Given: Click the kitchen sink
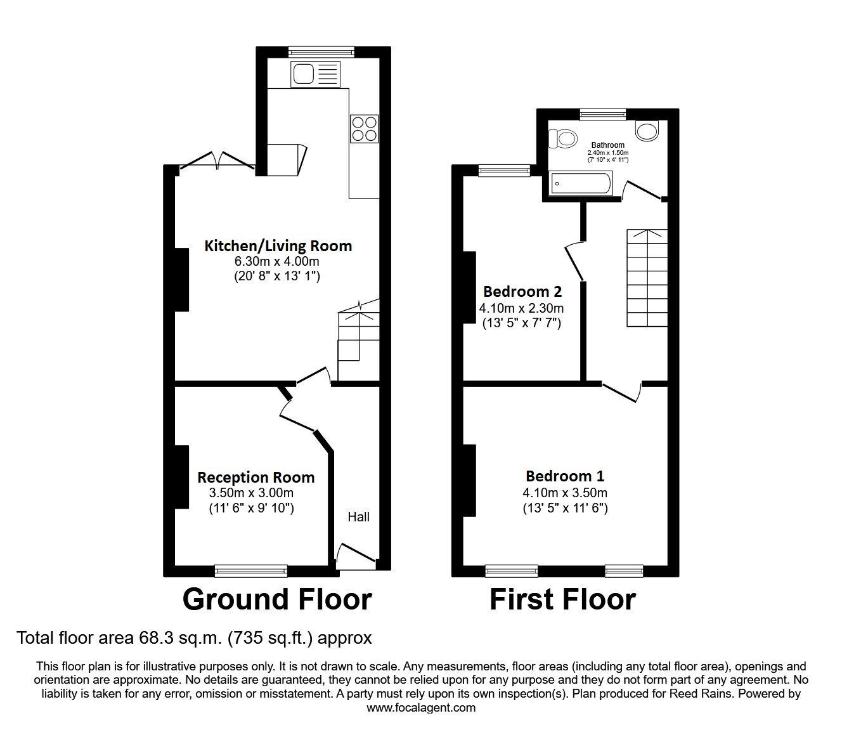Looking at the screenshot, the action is pyautogui.click(x=315, y=74).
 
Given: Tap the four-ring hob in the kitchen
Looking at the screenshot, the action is pyautogui.click(x=364, y=129).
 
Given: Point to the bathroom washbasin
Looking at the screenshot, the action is pyautogui.click(x=647, y=131).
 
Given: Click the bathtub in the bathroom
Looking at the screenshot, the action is pyautogui.click(x=581, y=184).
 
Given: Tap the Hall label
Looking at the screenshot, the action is pyautogui.click(x=358, y=517).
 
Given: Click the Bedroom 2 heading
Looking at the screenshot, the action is pyautogui.click(x=522, y=292).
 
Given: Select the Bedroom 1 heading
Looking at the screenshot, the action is pyautogui.click(x=565, y=476).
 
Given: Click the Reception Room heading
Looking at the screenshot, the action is pyautogui.click(x=256, y=478).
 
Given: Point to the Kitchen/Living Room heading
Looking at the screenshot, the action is pyautogui.click(x=278, y=246).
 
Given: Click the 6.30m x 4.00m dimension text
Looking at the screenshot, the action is pyautogui.click(x=276, y=261).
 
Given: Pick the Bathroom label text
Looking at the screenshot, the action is pyautogui.click(x=608, y=145).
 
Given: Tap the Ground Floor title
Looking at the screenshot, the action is pyautogui.click(x=277, y=599).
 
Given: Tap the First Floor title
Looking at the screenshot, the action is pyautogui.click(x=562, y=599).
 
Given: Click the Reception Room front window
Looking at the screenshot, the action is pyautogui.click(x=251, y=571).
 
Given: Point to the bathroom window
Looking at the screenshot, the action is pyautogui.click(x=603, y=114).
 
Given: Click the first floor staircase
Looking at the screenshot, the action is pyautogui.click(x=647, y=278).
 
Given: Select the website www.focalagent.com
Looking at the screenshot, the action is pyautogui.click(x=421, y=708).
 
